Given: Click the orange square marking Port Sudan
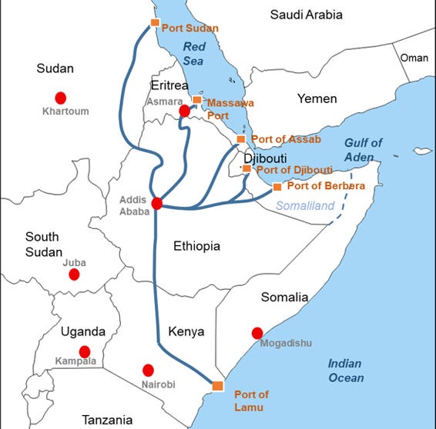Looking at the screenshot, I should tap(155, 22).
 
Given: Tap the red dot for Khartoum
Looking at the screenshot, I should tap(59, 98).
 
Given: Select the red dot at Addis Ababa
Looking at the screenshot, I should tap(156, 204).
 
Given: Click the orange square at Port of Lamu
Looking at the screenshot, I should tap(217, 385).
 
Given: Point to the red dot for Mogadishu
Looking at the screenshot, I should tap(257, 333).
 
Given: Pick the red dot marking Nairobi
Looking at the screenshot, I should tap(148, 370).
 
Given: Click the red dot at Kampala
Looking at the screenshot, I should tap(85, 352).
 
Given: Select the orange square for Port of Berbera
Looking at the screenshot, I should tap(277, 187).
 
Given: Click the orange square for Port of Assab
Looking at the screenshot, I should tap(241, 140).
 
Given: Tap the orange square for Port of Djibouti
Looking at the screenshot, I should tap(247, 168).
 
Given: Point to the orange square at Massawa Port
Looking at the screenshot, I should tap(197, 100).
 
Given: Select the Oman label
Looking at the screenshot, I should tap(413, 58).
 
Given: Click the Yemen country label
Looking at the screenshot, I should tap(317, 98).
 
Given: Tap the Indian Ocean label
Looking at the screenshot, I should tap(344, 371).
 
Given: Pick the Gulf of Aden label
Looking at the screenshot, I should tap(363, 150).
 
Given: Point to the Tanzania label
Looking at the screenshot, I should tap(108, 419).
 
